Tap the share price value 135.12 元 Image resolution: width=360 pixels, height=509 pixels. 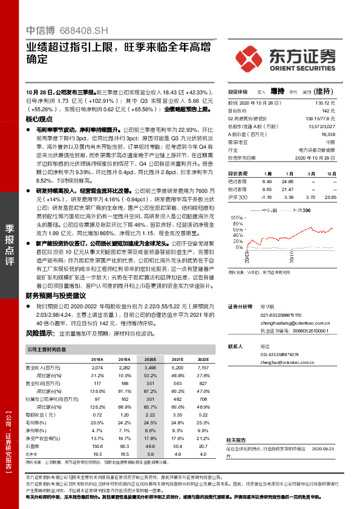click(x=326, y=103)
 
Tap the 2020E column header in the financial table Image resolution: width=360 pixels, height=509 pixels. click(x=149, y=358)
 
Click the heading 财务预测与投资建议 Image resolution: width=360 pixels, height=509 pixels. click(x=57, y=295)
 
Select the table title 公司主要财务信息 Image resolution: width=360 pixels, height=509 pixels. click(x=47, y=349)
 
